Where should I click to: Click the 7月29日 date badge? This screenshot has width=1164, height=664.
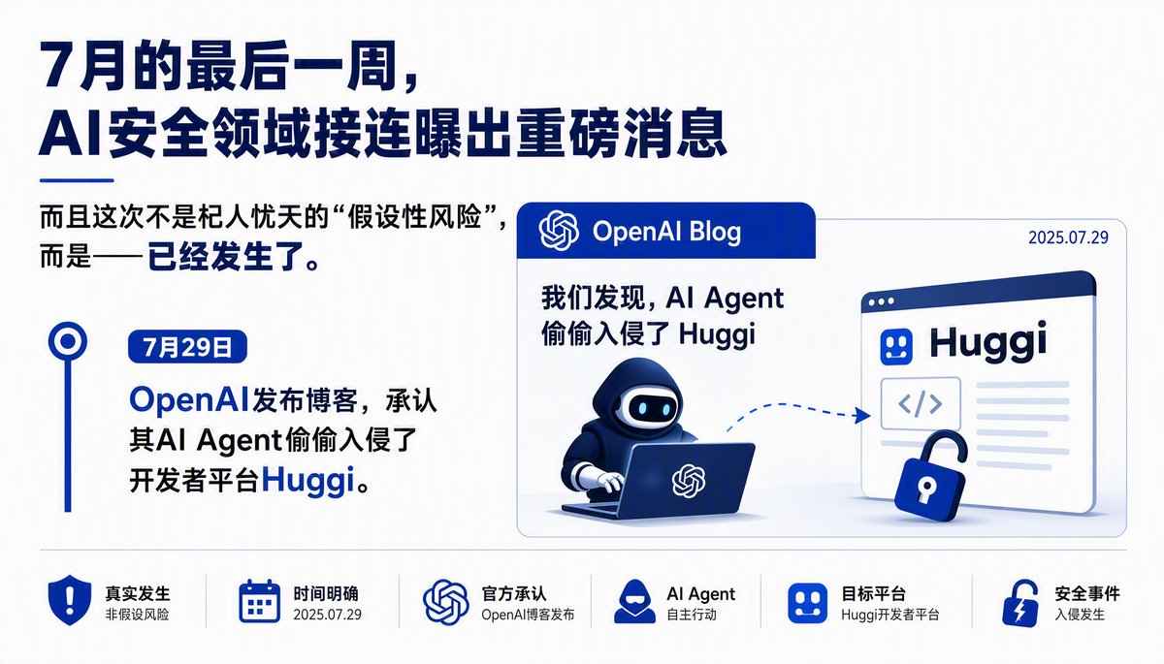pyautogui.click(x=187, y=347)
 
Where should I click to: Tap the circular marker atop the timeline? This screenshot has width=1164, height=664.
pyautogui.click(x=68, y=341)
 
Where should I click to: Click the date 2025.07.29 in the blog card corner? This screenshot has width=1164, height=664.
pyautogui.click(x=1068, y=237)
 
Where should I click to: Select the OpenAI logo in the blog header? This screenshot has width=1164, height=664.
pyautogui.click(x=559, y=231)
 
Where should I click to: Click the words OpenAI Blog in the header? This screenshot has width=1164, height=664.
pyautogui.click(x=666, y=232)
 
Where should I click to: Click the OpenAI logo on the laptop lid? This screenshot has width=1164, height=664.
pyautogui.click(x=689, y=480)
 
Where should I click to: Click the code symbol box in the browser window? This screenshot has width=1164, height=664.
pyautogui.click(x=921, y=403)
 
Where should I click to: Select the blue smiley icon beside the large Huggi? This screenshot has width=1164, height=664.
pyautogui.click(x=896, y=346)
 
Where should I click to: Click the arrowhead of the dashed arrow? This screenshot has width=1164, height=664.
pyautogui.click(x=863, y=415)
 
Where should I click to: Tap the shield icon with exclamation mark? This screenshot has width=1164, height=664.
pyautogui.click(x=69, y=600)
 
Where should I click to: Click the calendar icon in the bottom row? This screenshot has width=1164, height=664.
pyautogui.click(x=259, y=601)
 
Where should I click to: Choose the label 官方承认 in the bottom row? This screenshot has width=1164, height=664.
pyautogui.click(x=514, y=593)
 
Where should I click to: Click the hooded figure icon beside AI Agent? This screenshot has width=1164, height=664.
pyautogui.click(x=634, y=601)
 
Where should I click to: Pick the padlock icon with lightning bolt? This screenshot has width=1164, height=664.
pyautogui.click(x=1020, y=602)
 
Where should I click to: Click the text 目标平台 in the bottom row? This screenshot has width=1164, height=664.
pyautogui.click(x=874, y=593)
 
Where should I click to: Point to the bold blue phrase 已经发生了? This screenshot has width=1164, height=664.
pyautogui.click(x=225, y=257)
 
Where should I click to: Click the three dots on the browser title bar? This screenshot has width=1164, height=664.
pyautogui.click(x=882, y=301)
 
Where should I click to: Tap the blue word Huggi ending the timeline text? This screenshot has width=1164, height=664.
pyautogui.click(x=308, y=481)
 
